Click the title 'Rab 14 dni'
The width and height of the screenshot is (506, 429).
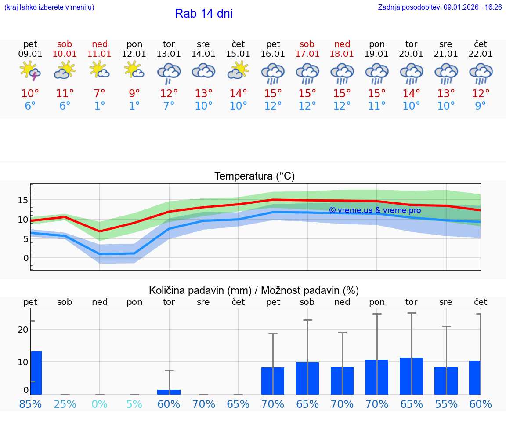point(203,14)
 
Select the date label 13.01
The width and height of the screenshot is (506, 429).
point(169,54)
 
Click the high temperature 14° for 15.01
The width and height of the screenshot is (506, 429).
point(238,94)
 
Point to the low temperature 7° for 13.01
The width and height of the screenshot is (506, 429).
point(169,106)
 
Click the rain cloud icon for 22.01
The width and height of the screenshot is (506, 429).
point(481,73)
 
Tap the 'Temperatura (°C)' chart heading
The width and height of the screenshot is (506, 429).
point(254,176)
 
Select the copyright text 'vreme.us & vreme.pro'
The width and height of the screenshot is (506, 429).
point(375,210)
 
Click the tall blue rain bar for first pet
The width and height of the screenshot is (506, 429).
point(36,373)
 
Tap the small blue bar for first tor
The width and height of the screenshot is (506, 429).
point(169,392)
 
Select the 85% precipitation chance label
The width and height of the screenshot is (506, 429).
point(30,404)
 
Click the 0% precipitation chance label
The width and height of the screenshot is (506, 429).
point(100,404)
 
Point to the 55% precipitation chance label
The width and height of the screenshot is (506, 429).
point(446,404)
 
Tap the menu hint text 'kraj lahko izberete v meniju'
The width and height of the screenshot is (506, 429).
point(49,7)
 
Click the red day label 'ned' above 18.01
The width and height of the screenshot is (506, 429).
point(342,44)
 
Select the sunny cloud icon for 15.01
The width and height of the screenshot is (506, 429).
point(238,71)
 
